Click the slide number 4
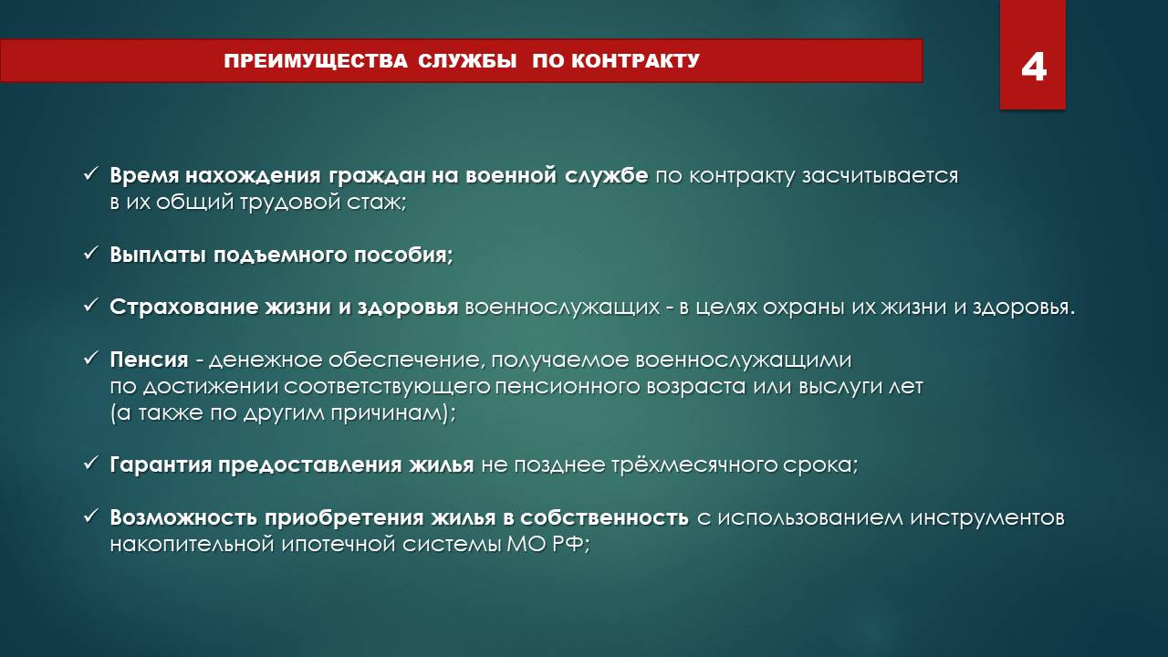[1034, 68]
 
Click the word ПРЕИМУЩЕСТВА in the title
[316, 61]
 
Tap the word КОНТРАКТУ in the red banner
[636, 61]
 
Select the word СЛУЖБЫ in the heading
[467, 61]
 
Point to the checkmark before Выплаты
[90, 254]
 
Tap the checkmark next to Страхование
[90, 306]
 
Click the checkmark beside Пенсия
[90, 359]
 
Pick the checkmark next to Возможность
[90, 516]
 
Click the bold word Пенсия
[149, 360]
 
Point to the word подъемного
[280, 255]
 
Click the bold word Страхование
[185, 308]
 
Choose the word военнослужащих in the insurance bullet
[562, 308]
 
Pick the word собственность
[604, 517]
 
